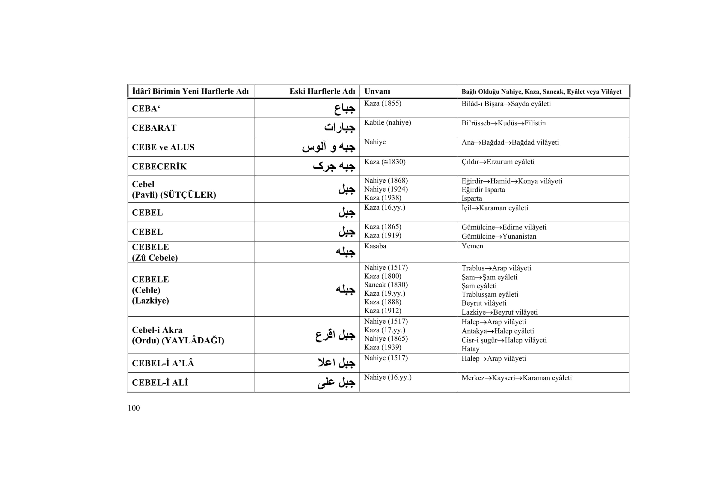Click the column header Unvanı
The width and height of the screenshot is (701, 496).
377,91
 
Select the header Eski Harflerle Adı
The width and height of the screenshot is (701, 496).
322,91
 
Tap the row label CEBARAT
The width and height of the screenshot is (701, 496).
154,128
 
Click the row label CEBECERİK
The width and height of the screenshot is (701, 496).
159,166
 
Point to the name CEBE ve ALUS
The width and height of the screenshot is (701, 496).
163,147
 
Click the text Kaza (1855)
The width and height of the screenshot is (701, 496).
382,103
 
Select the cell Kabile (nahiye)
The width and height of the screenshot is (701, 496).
388,122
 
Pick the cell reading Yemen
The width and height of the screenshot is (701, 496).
472,246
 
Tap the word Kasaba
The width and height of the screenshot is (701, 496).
375,246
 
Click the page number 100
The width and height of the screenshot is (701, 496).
134,408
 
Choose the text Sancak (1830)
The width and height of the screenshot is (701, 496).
386,285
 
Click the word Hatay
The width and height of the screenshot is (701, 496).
471,349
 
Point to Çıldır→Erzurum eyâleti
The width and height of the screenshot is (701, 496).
498,162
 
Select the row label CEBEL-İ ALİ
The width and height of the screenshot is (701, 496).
160,383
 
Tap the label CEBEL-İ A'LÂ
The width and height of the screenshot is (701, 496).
163,363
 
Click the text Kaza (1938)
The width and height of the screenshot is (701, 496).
382,198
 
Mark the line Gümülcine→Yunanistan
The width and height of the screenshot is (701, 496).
499,236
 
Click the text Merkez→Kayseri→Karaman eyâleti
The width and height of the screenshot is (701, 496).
517,378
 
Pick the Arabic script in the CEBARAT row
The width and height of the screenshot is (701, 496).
340,128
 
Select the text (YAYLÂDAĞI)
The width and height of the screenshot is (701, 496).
193,341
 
